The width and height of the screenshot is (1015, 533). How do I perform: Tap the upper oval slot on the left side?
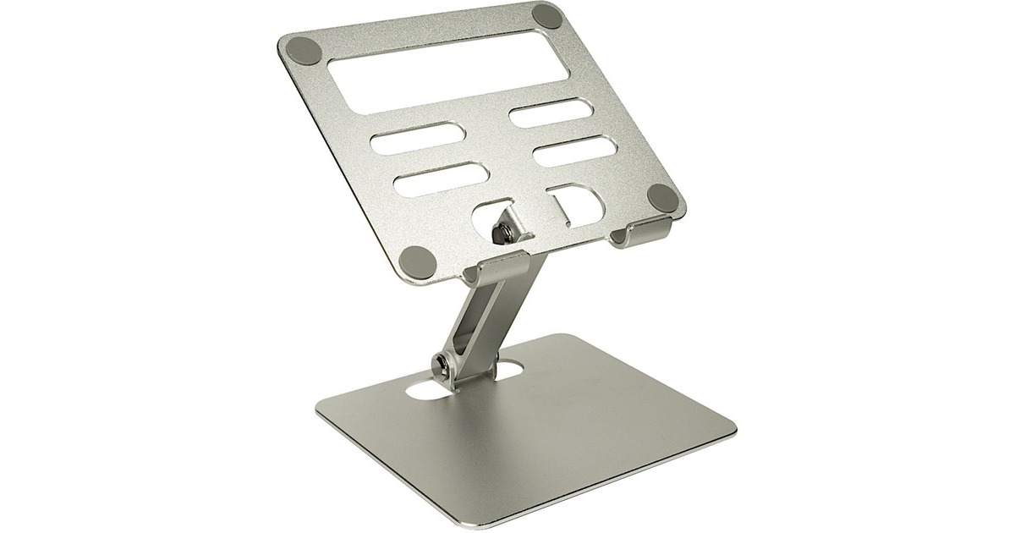(x=414, y=140)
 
